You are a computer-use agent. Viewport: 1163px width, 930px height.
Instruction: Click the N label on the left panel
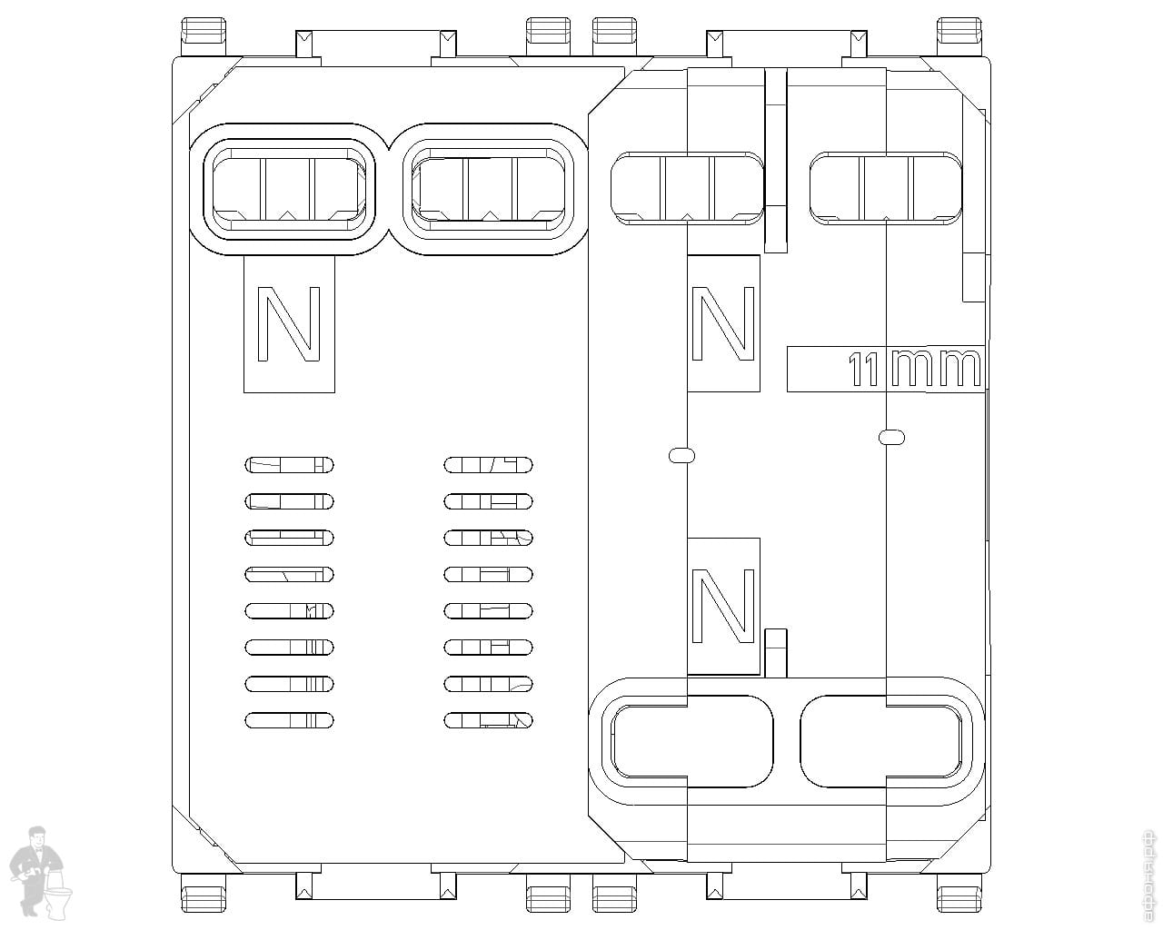coord(289,323)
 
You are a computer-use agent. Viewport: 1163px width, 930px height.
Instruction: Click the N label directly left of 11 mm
coord(723,322)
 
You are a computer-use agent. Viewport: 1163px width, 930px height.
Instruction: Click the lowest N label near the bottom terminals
coord(723,605)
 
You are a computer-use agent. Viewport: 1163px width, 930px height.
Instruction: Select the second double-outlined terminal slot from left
coord(492,190)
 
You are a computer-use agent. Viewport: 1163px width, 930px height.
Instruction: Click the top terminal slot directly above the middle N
coord(687,189)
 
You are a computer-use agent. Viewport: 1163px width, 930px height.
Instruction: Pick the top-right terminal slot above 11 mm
coord(885,189)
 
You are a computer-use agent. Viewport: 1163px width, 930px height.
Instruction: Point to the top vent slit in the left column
coord(289,466)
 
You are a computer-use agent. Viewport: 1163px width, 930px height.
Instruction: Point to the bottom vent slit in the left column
coord(289,720)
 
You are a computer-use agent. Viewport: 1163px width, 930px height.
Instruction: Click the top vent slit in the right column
coord(488,466)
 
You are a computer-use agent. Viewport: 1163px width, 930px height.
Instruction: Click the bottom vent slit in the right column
coord(488,720)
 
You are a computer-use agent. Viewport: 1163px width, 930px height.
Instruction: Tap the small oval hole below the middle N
coord(681,455)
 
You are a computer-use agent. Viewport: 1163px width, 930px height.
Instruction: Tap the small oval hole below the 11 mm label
coord(891,437)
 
